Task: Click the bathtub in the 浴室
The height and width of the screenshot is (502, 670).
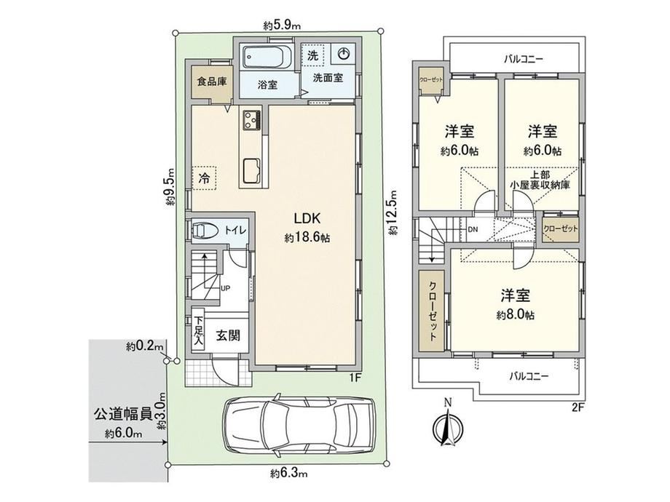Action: click(267, 57)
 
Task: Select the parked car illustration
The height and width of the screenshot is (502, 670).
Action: click(299, 426)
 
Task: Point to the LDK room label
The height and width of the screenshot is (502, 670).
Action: click(307, 218)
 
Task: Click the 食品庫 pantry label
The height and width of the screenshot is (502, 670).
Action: click(211, 81)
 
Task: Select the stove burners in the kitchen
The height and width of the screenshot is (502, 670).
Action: click(252, 120)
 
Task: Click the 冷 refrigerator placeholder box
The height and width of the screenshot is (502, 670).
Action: click(205, 178)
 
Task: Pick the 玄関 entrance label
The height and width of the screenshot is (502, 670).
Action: click(227, 335)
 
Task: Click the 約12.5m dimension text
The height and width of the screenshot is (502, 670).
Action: click(393, 212)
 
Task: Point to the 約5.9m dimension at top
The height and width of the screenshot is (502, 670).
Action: click(282, 25)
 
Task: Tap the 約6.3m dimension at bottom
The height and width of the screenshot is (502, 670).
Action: click(289, 473)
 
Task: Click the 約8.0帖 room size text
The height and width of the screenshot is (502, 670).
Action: click(516, 315)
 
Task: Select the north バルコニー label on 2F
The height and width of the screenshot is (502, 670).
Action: click(523, 59)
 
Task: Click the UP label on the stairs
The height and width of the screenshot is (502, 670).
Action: click(225, 288)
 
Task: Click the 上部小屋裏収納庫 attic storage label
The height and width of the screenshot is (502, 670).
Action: click(540, 180)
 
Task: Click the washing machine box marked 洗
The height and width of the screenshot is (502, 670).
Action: click(312, 55)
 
